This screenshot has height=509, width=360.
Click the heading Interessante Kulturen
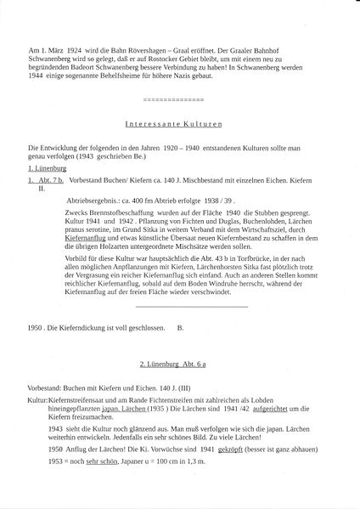[180, 122]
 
